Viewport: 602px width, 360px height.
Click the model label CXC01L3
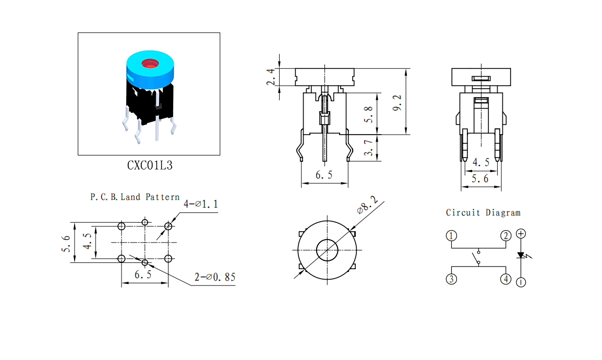150,165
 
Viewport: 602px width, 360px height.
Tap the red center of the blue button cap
150,63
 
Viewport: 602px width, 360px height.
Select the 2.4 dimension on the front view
271,77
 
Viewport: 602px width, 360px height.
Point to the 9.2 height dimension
397,103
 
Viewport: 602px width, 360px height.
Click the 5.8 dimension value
368,114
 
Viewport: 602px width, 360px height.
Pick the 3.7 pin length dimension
368,148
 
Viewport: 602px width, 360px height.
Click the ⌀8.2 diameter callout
367,206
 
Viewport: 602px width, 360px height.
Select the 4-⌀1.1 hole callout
200,204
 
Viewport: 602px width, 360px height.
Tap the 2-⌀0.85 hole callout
214,277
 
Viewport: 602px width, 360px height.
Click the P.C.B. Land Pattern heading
135,197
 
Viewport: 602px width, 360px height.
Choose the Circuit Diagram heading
483,213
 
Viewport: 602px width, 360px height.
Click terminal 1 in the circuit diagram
452,236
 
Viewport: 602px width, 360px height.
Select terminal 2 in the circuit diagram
506,236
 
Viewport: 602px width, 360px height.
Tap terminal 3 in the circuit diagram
452,279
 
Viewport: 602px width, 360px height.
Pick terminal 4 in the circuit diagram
506,279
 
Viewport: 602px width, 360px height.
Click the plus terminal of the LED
521,233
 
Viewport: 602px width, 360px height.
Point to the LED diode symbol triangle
521,255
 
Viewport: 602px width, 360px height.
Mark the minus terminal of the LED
521,282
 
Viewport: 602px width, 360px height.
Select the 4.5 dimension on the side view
480,162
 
